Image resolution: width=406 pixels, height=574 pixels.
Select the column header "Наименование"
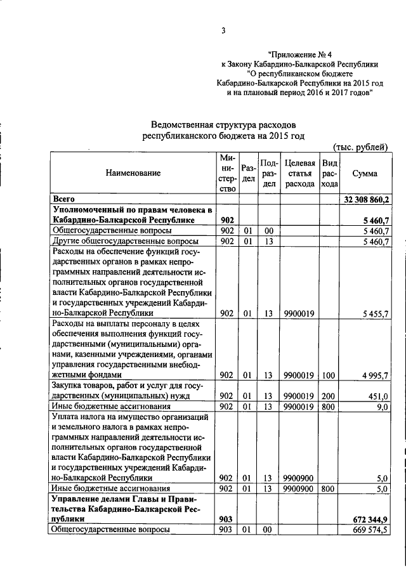(x=133, y=173)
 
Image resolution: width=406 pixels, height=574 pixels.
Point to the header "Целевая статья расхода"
(x=300, y=173)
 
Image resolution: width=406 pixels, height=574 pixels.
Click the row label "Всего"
(x=65, y=199)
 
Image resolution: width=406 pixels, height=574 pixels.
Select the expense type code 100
(x=329, y=375)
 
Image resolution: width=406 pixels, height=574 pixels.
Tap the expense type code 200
(x=329, y=396)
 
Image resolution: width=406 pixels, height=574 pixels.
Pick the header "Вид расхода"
(x=329, y=173)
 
